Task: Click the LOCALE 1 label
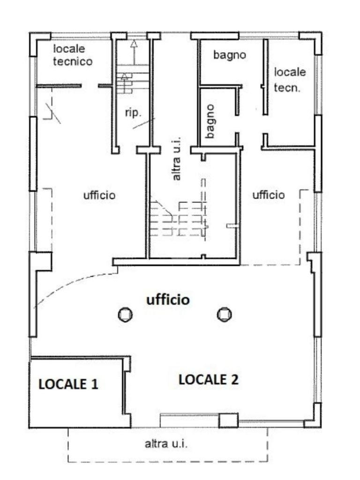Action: click(x=68, y=384)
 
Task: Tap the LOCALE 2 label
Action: click(x=209, y=380)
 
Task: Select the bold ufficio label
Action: click(x=168, y=300)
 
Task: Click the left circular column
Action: click(x=125, y=315)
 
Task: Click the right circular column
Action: click(x=225, y=315)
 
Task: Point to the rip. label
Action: click(x=133, y=112)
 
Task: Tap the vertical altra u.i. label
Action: click(x=176, y=158)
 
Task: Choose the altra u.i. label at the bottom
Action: click(x=166, y=443)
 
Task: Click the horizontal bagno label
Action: click(x=230, y=55)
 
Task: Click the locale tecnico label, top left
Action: click(x=73, y=55)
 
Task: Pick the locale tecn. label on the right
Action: click(x=290, y=80)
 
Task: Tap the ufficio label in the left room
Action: click(x=99, y=195)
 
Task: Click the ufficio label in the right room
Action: click(x=269, y=195)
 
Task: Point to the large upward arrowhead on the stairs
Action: click(x=134, y=44)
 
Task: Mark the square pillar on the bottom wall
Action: click(x=228, y=420)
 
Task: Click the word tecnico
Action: click(x=73, y=61)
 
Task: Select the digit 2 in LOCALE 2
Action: click(x=234, y=380)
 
